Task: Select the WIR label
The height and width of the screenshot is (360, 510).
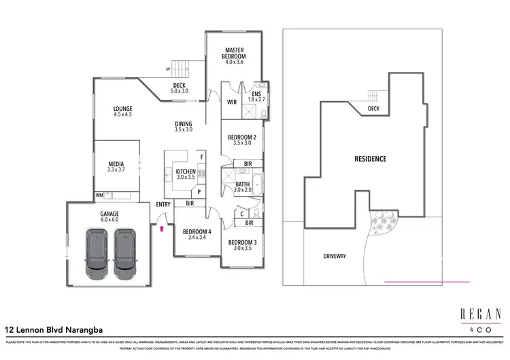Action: click(231, 103)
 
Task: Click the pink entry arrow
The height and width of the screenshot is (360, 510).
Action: click(161, 230)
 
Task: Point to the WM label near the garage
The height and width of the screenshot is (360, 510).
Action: click(99, 195)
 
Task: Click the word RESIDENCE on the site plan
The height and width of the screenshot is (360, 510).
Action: click(370, 159)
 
